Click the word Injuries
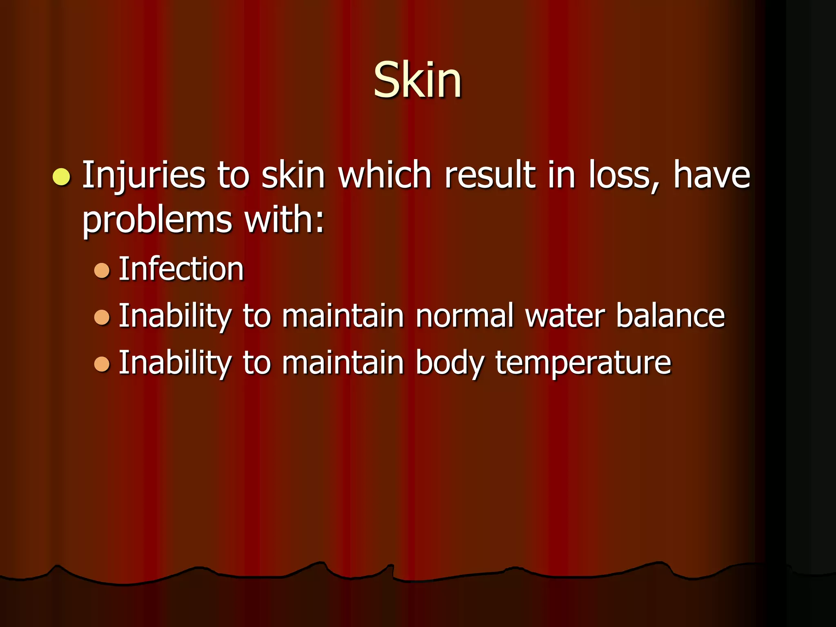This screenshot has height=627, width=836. click(x=143, y=176)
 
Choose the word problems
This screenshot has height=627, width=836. click(x=157, y=220)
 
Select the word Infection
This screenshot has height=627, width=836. click(x=181, y=269)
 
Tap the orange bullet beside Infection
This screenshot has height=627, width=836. click(x=102, y=270)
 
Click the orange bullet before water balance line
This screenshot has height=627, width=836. click(x=102, y=317)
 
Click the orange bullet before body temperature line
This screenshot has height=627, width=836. click(x=102, y=364)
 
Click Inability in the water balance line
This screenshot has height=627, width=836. click(x=175, y=316)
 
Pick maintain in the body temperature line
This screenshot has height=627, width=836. click(x=343, y=362)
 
